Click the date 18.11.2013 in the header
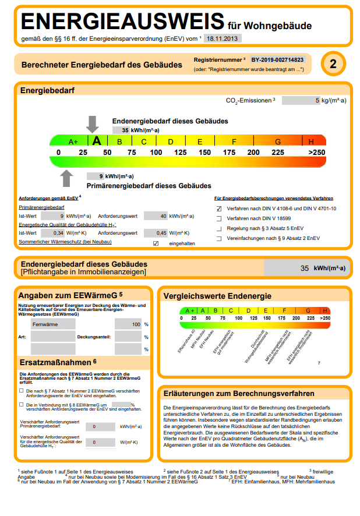tap(223, 38)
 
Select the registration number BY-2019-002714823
tap(277, 60)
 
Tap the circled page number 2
tap(333, 63)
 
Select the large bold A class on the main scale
tap(97, 140)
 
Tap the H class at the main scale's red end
tap(311, 141)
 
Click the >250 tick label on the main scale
tap(317, 152)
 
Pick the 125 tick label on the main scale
tap(181, 152)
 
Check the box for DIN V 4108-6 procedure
tap(219, 208)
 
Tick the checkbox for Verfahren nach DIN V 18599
tap(219, 218)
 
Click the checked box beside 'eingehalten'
tap(156, 243)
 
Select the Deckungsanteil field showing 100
tap(128, 324)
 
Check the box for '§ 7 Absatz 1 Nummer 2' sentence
tap(22, 390)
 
